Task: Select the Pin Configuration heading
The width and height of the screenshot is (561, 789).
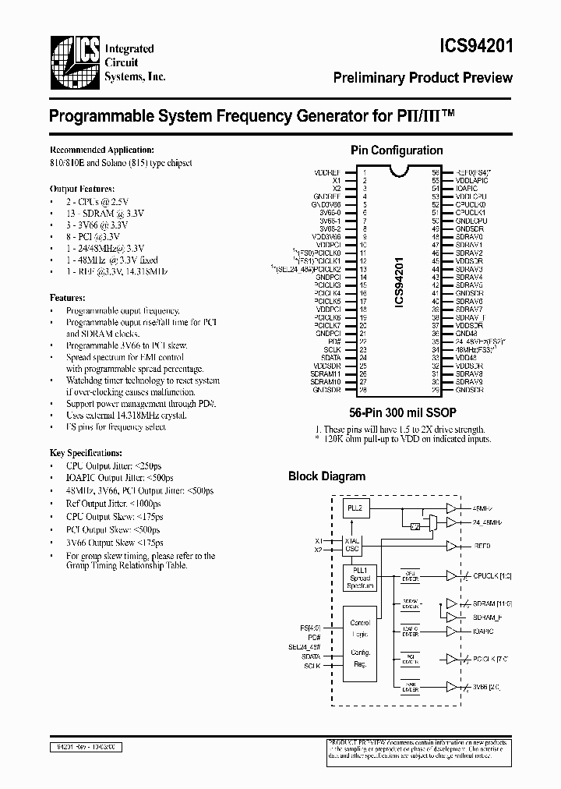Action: [x=397, y=150]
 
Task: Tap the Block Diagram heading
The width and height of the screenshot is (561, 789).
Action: [x=326, y=476]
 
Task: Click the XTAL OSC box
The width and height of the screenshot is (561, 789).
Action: [x=354, y=544]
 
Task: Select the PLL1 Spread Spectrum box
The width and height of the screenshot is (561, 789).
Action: [x=360, y=578]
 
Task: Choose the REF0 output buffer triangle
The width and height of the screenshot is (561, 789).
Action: [x=451, y=546]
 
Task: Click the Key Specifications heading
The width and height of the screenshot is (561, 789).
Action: [x=86, y=452]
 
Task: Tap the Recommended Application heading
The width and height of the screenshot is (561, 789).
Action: [x=102, y=150]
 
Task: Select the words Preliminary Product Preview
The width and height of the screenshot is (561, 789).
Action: [x=422, y=78]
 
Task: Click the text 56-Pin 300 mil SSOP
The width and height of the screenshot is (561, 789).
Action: [x=397, y=414]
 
